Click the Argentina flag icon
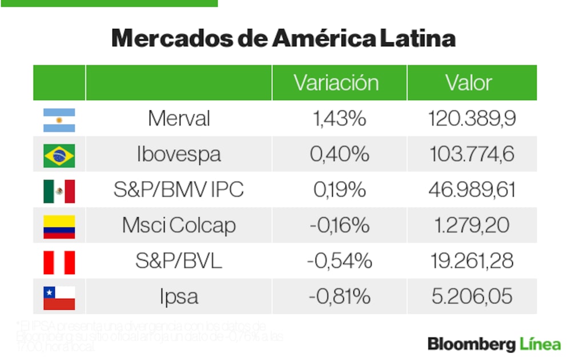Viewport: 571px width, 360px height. (x=59, y=119)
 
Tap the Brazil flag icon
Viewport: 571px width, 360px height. (x=59, y=155)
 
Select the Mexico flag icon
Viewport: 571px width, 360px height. (x=59, y=191)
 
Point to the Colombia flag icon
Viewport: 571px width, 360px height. (x=59, y=226)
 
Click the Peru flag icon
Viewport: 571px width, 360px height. (x=59, y=262)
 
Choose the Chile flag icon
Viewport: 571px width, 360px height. (x=59, y=297)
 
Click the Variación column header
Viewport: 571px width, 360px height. (x=336, y=83)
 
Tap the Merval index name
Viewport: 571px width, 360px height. (x=179, y=119)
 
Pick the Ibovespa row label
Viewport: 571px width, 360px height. (x=179, y=154)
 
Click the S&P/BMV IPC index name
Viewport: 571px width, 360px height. (x=179, y=190)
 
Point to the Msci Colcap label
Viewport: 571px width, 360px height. (x=179, y=226)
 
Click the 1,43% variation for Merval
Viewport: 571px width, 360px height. (x=339, y=119)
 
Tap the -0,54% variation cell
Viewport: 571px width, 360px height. (x=339, y=261)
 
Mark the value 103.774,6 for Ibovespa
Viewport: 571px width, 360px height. (x=472, y=154)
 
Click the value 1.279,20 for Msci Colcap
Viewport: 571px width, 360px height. (x=472, y=226)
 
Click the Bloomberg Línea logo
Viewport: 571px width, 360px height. (x=494, y=344)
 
